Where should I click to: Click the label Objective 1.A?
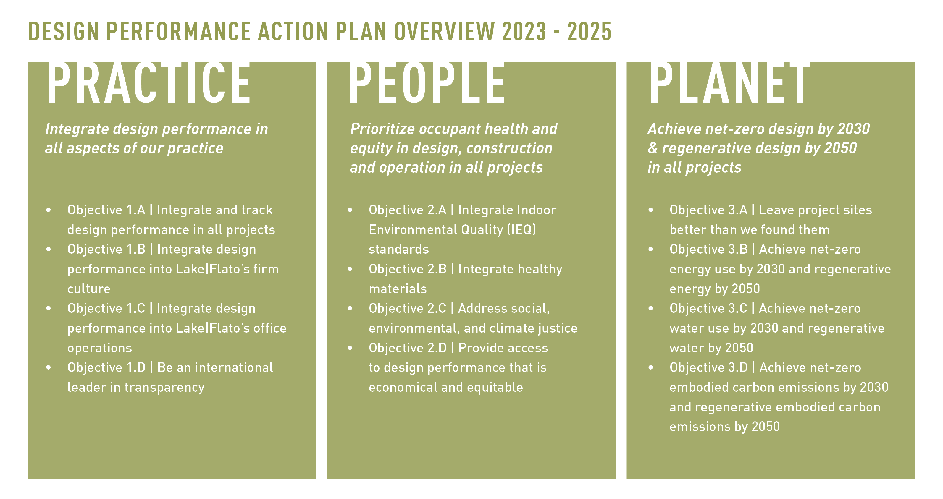tap(106, 210)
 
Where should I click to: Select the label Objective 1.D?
tap(106, 367)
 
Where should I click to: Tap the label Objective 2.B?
tap(408, 269)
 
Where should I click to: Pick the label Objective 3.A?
tap(708, 210)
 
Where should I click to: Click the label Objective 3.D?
tap(709, 367)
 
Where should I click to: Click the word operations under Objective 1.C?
tap(100, 348)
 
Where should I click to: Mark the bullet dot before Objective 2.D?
tap(350, 348)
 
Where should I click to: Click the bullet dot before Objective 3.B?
tap(650, 249)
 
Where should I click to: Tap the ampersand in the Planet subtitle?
tap(653, 148)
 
